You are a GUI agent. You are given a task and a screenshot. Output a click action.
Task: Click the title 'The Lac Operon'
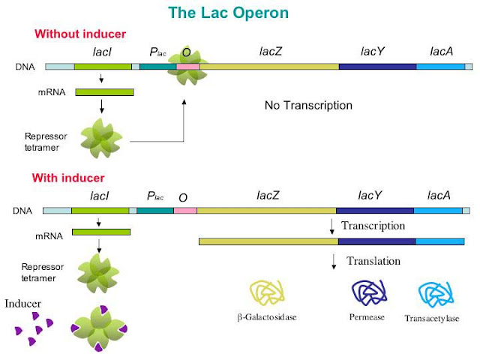click(238, 13)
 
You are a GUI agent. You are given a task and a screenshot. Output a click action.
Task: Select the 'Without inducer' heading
click(78, 34)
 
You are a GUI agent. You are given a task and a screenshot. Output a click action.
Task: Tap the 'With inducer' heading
click(68, 178)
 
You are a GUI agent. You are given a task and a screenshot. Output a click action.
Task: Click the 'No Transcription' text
click(308, 106)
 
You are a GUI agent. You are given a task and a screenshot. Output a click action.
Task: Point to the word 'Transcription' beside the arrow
click(373, 226)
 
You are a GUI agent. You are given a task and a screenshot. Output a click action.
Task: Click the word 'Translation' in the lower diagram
click(373, 262)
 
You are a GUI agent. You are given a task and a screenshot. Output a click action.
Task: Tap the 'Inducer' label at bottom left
click(23, 303)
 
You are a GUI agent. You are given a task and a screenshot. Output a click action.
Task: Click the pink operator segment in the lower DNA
click(185, 211)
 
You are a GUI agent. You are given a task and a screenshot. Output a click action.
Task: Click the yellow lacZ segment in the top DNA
click(269, 67)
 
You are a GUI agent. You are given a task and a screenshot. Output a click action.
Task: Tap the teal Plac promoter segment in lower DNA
click(155, 211)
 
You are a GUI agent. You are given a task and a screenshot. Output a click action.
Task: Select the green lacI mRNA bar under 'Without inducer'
click(104, 92)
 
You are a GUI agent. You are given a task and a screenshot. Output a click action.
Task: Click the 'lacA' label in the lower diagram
click(439, 196)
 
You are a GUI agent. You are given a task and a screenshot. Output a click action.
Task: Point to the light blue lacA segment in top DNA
click(440, 67)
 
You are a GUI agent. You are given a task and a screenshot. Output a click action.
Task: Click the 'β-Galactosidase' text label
click(267, 317)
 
